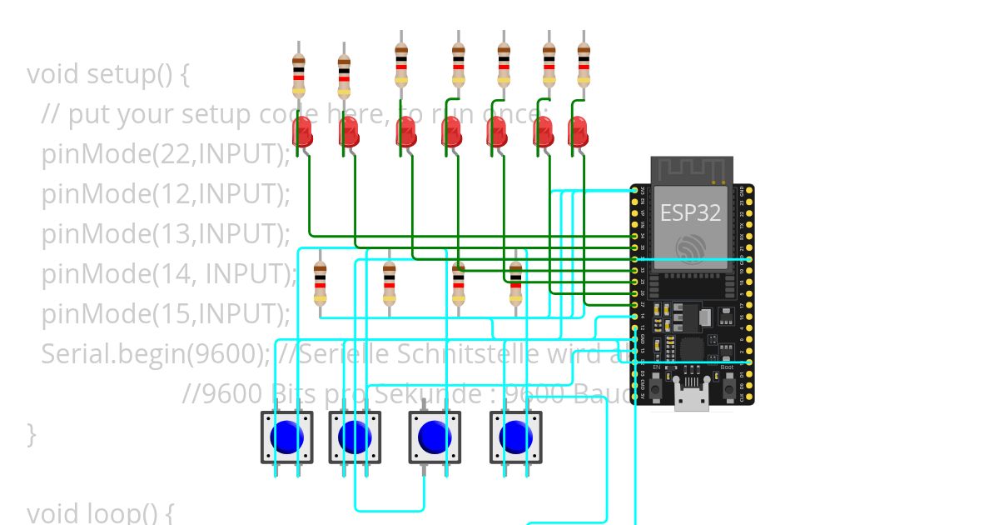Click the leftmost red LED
303,132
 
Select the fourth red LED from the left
451,132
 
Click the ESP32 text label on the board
690,212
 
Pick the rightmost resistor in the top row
584,67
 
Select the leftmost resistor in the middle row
320,283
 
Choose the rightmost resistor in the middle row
515,283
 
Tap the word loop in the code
127,512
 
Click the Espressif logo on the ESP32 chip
690,247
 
